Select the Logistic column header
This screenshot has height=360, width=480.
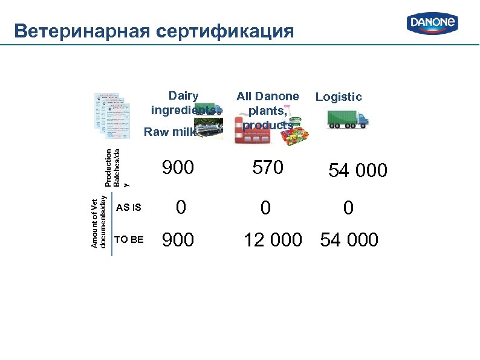point(339,97)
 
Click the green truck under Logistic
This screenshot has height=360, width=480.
point(348,119)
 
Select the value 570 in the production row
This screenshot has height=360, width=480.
point(268,168)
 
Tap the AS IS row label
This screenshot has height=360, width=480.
point(128,208)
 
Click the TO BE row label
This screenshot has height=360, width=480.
point(129,240)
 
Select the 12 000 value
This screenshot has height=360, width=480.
point(272,240)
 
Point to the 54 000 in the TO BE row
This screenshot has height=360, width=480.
point(349,240)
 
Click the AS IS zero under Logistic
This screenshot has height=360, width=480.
point(348,208)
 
